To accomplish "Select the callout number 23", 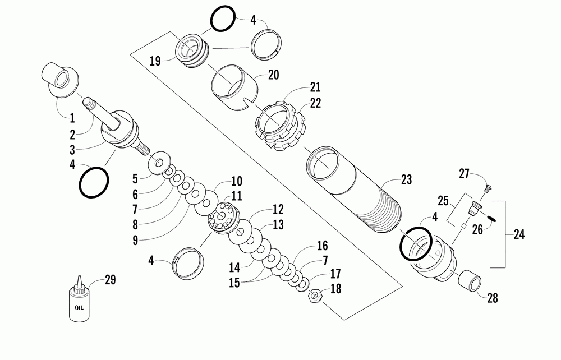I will click(x=406, y=179).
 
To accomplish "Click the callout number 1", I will click(x=72, y=118).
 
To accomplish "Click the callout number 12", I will click(x=278, y=210).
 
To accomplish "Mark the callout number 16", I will click(x=322, y=246).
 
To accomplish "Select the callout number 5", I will click(x=135, y=178).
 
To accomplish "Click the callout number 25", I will click(x=443, y=200).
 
